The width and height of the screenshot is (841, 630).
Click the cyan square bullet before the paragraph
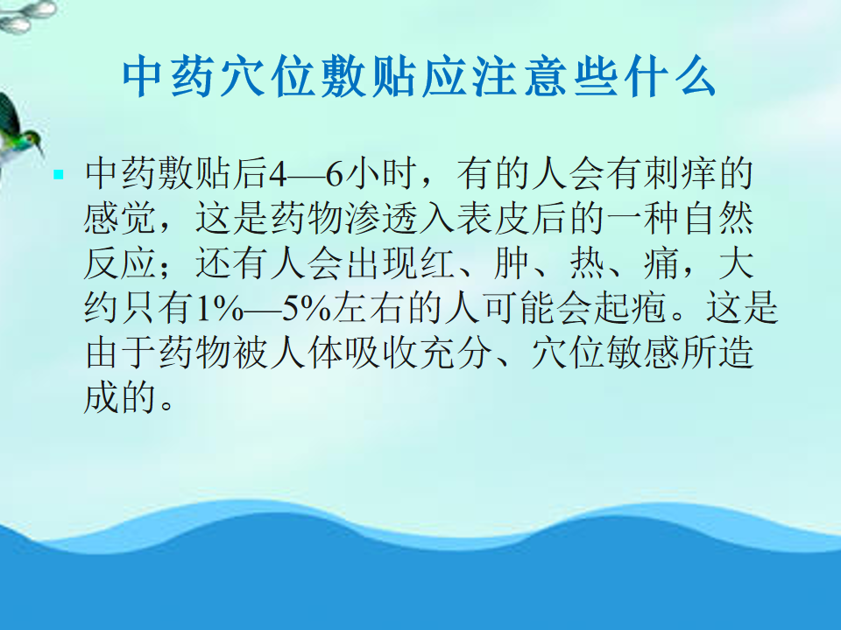coord(59,175)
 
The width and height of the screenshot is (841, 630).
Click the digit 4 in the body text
coord(278,174)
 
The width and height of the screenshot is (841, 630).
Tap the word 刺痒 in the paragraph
coord(680,173)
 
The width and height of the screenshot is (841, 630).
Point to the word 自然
coord(717,218)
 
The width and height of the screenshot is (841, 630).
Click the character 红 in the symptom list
coord(438,263)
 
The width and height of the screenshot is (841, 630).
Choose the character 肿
coord(512,263)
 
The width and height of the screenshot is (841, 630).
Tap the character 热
coord(587,263)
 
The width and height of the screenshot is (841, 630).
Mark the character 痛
coord(661,263)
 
